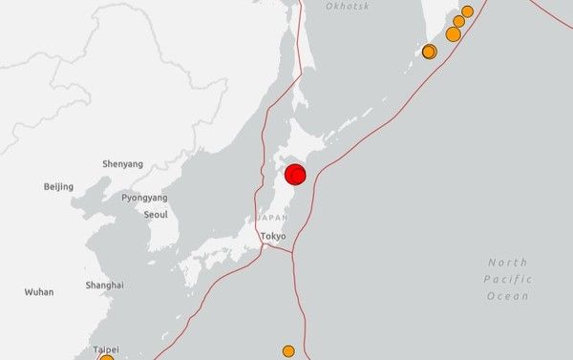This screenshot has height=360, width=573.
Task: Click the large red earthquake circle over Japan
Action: click(x=295, y=174)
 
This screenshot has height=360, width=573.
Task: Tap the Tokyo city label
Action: click(x=273, y=236)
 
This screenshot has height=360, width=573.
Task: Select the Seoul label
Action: click(x=156, y=214)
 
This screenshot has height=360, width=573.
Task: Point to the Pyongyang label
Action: click(x=144, y=198)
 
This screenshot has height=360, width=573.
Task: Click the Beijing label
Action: click(x=58, y=186)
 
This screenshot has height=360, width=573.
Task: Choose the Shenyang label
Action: click(x=122, y=164)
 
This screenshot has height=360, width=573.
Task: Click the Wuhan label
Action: click(x=39, y=292)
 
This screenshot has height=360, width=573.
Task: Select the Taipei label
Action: click(x=106, y=350)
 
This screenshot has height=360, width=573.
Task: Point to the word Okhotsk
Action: click(x=347, y=7)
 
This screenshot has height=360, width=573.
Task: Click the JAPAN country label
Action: click(x=272, y=219)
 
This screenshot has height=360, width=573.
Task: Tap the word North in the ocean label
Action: click(x=507, y=262)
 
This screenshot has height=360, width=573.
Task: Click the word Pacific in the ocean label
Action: click(x=507, y=279)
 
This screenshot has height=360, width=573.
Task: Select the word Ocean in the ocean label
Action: click(x=507, y=296)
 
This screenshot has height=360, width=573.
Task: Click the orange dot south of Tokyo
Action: click(x=288, y=351)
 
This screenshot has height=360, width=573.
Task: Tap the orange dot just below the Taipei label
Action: click(x=106, y=359)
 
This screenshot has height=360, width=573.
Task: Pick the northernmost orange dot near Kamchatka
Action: click(x=467, y=11)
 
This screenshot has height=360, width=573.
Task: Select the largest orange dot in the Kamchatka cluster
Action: click(x=453, y=34)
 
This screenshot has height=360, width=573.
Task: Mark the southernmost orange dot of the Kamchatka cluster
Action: click(x=430, y=52)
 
